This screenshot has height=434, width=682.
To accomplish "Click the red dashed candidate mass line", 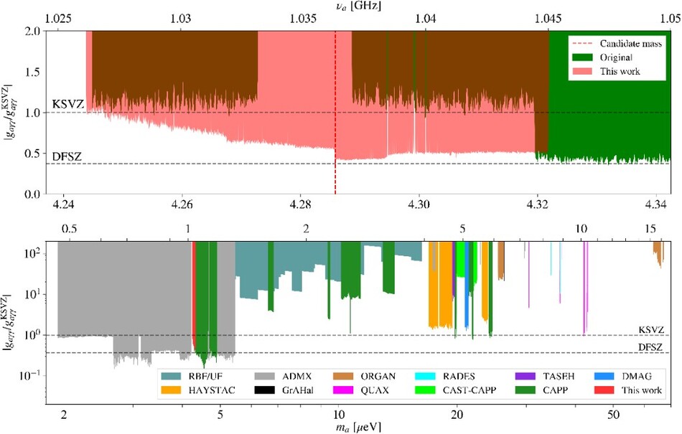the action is (335, 113).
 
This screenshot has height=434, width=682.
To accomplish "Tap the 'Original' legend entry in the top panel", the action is (602, 57).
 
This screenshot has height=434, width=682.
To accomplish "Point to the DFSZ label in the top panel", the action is (67, 156).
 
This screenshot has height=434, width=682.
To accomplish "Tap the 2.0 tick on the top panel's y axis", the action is (34, 32).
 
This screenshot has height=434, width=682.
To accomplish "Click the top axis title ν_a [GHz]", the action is (355, 6).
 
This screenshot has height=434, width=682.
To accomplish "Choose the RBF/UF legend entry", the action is (192, 376).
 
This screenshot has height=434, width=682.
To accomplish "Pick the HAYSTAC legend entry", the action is (198, 390).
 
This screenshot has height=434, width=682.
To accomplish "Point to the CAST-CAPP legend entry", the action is (456, 390).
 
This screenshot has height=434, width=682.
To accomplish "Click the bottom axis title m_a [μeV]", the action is (359, 428).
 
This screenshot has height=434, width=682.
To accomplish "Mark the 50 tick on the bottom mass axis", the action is (613, 415).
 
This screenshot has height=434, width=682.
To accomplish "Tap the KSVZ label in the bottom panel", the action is (651, 330).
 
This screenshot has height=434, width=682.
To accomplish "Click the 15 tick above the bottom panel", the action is (650, 229).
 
